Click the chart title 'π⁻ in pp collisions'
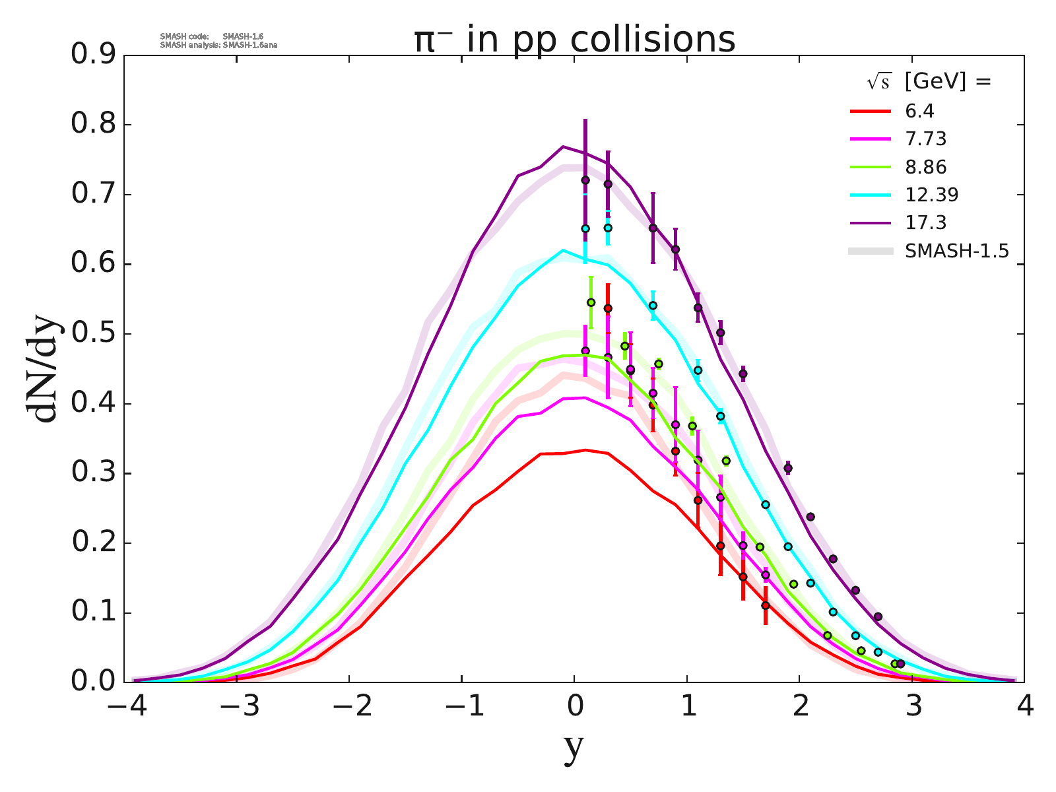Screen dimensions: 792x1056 (574, 40)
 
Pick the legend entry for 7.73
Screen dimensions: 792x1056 (925, 139)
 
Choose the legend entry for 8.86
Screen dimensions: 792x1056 (925, 167)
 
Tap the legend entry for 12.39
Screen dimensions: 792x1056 (931, 195)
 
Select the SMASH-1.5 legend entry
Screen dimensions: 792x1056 (957, 251)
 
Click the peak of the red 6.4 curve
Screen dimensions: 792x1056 (585, 449)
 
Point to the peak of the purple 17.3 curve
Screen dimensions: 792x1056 (563, 147)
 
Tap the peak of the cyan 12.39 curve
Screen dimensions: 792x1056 (563, 250)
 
